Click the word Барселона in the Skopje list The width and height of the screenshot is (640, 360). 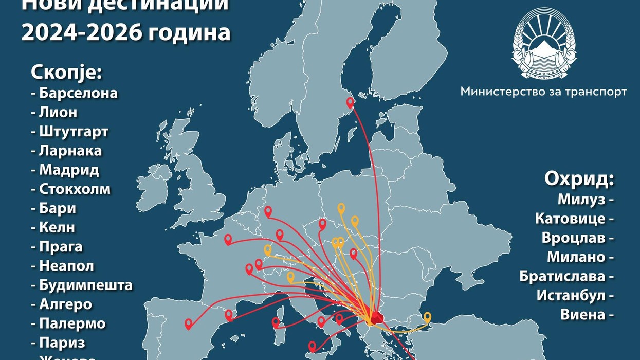point(78,93)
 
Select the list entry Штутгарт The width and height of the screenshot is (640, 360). point(74,131)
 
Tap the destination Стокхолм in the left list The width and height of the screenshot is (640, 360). point(75,189)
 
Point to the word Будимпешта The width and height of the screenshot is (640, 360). point(85,285)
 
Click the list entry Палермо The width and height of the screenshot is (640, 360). point(72,323)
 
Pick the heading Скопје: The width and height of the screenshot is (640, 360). point(67,72)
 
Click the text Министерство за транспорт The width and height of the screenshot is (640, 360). point(543,92)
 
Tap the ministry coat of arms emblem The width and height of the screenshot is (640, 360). point(544,43)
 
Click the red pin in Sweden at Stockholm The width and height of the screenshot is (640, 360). point(350,102)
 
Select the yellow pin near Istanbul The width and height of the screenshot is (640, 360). point(427,316)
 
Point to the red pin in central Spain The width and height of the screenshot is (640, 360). point(189,323)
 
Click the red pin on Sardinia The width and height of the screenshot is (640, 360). point(276,322)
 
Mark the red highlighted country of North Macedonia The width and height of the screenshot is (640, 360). point(376,318)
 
